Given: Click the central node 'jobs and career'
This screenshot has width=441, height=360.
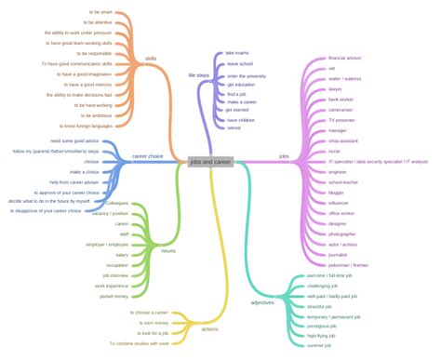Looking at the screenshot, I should point(209,161).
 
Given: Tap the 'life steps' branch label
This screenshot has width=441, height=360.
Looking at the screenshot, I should point(199,74).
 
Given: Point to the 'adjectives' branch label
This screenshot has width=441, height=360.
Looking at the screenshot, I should point(263,303).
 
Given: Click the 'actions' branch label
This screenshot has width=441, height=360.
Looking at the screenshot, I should point(210,329).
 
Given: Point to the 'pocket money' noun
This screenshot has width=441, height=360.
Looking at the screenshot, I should point(115,296).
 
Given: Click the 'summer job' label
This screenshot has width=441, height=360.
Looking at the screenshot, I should point(319,347).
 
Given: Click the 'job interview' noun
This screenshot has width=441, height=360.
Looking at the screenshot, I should point(115,275).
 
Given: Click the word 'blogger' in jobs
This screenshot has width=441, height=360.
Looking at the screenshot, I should point(337,192).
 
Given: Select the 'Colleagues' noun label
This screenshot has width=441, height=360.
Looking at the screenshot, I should point(117,203).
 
